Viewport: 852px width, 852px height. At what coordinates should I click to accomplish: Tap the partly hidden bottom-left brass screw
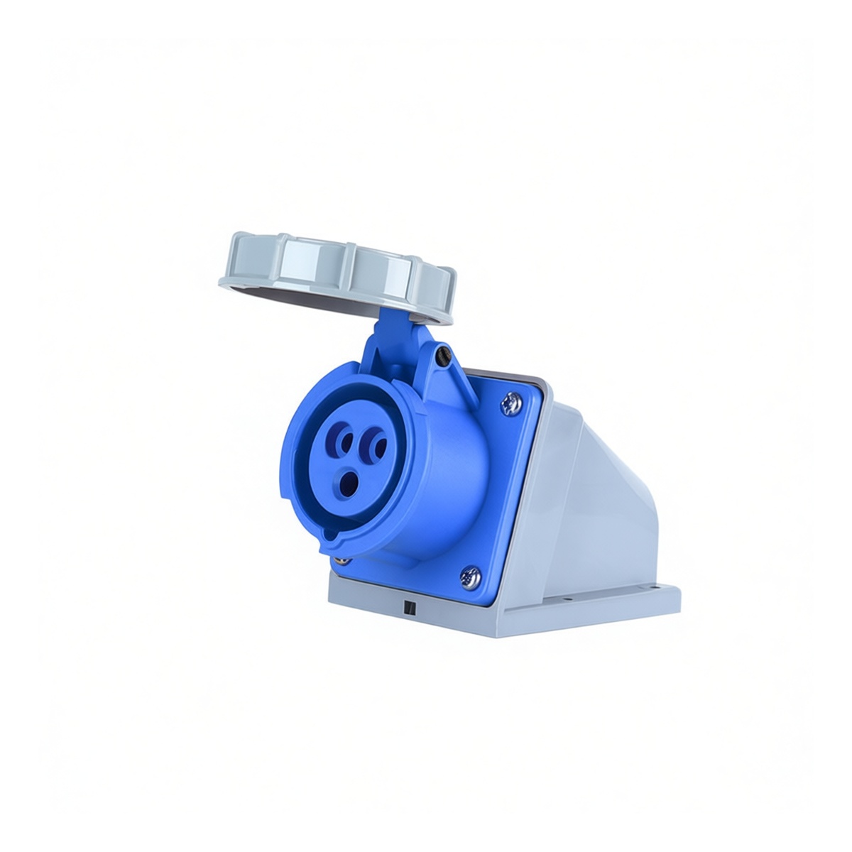click(x=343, y=561)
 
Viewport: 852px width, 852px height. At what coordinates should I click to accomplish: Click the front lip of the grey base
click(x=426, y=625)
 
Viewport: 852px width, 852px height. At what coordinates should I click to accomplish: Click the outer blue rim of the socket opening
click(x=298, y=454)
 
